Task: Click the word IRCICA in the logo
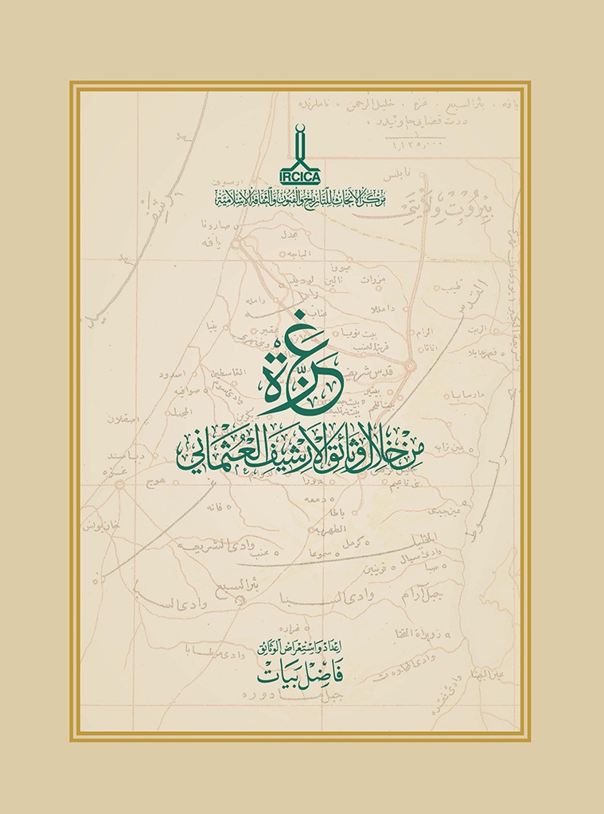point(300,178)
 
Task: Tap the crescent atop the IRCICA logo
point(300,130)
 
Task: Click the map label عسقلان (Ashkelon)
point(123,419)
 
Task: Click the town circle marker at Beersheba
point(241,602)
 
